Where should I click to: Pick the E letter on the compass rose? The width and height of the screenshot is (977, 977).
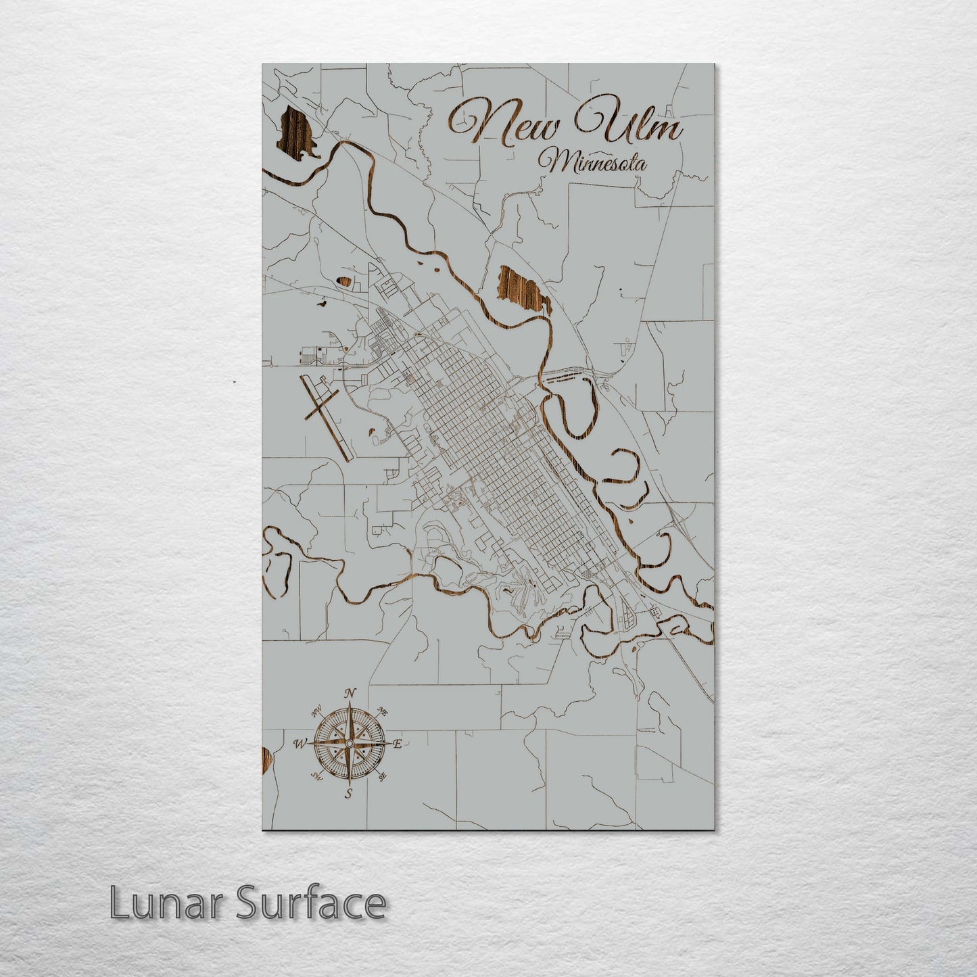click(x=398, y=744)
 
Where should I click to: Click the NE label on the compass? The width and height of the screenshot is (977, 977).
click(x=383, y=712)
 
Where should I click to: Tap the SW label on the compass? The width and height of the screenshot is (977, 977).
click(x=316, y=776)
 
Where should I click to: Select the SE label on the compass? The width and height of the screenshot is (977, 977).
click(x=382, y=777)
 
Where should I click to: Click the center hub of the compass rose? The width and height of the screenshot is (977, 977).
click(x=349, y=744)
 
